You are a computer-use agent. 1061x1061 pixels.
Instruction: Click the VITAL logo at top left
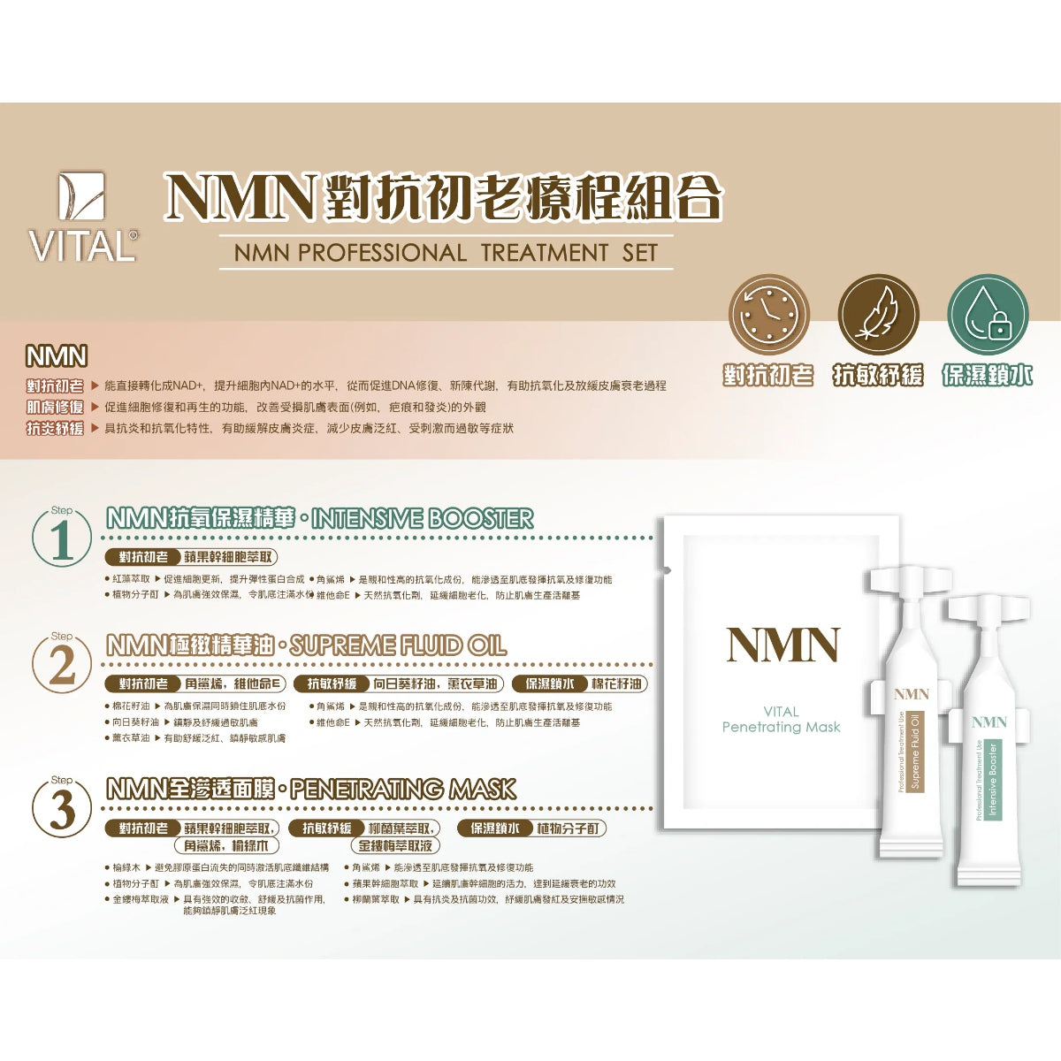(82, 218)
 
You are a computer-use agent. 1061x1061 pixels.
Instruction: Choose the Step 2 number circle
(62, 663)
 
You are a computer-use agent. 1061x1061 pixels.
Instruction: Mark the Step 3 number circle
(62, 807)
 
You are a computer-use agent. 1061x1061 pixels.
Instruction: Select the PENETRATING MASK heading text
(403, 789)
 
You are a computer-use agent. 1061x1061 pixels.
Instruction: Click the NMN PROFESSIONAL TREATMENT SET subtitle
(446, 253)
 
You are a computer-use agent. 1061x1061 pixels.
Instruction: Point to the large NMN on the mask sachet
(782, 645)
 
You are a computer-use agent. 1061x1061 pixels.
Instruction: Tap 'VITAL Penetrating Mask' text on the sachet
(781, 720)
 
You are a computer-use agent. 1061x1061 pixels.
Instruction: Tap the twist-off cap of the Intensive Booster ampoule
(988, 609)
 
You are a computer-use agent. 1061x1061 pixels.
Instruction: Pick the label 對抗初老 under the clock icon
(767, 376)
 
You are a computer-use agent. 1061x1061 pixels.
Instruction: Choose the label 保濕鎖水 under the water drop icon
(987, 376)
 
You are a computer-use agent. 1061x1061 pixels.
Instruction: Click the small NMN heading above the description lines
(57, 356)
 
